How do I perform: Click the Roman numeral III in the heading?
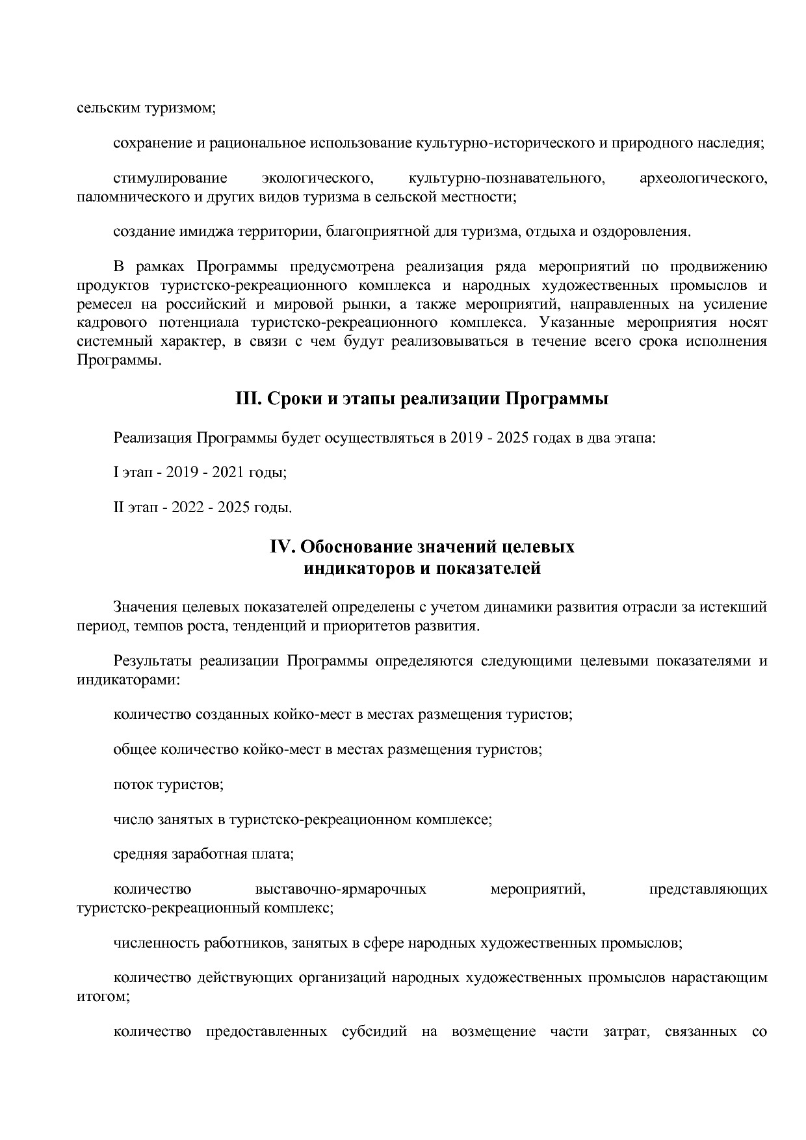coord(247,398)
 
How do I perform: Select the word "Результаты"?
coord(153,662)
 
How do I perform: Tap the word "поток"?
coord(133,784)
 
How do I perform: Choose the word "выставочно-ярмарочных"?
coord(341,889)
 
